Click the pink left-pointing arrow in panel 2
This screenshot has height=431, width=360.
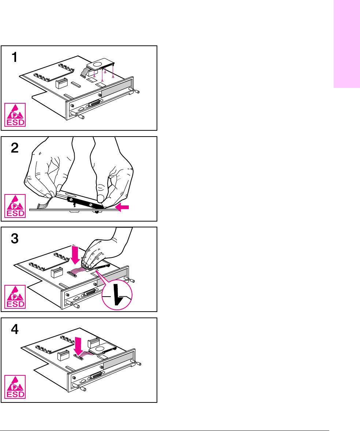coord(122,208)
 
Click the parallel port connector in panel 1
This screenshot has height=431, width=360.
coord(94,104)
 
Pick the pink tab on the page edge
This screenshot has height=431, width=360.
coord(346,44)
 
